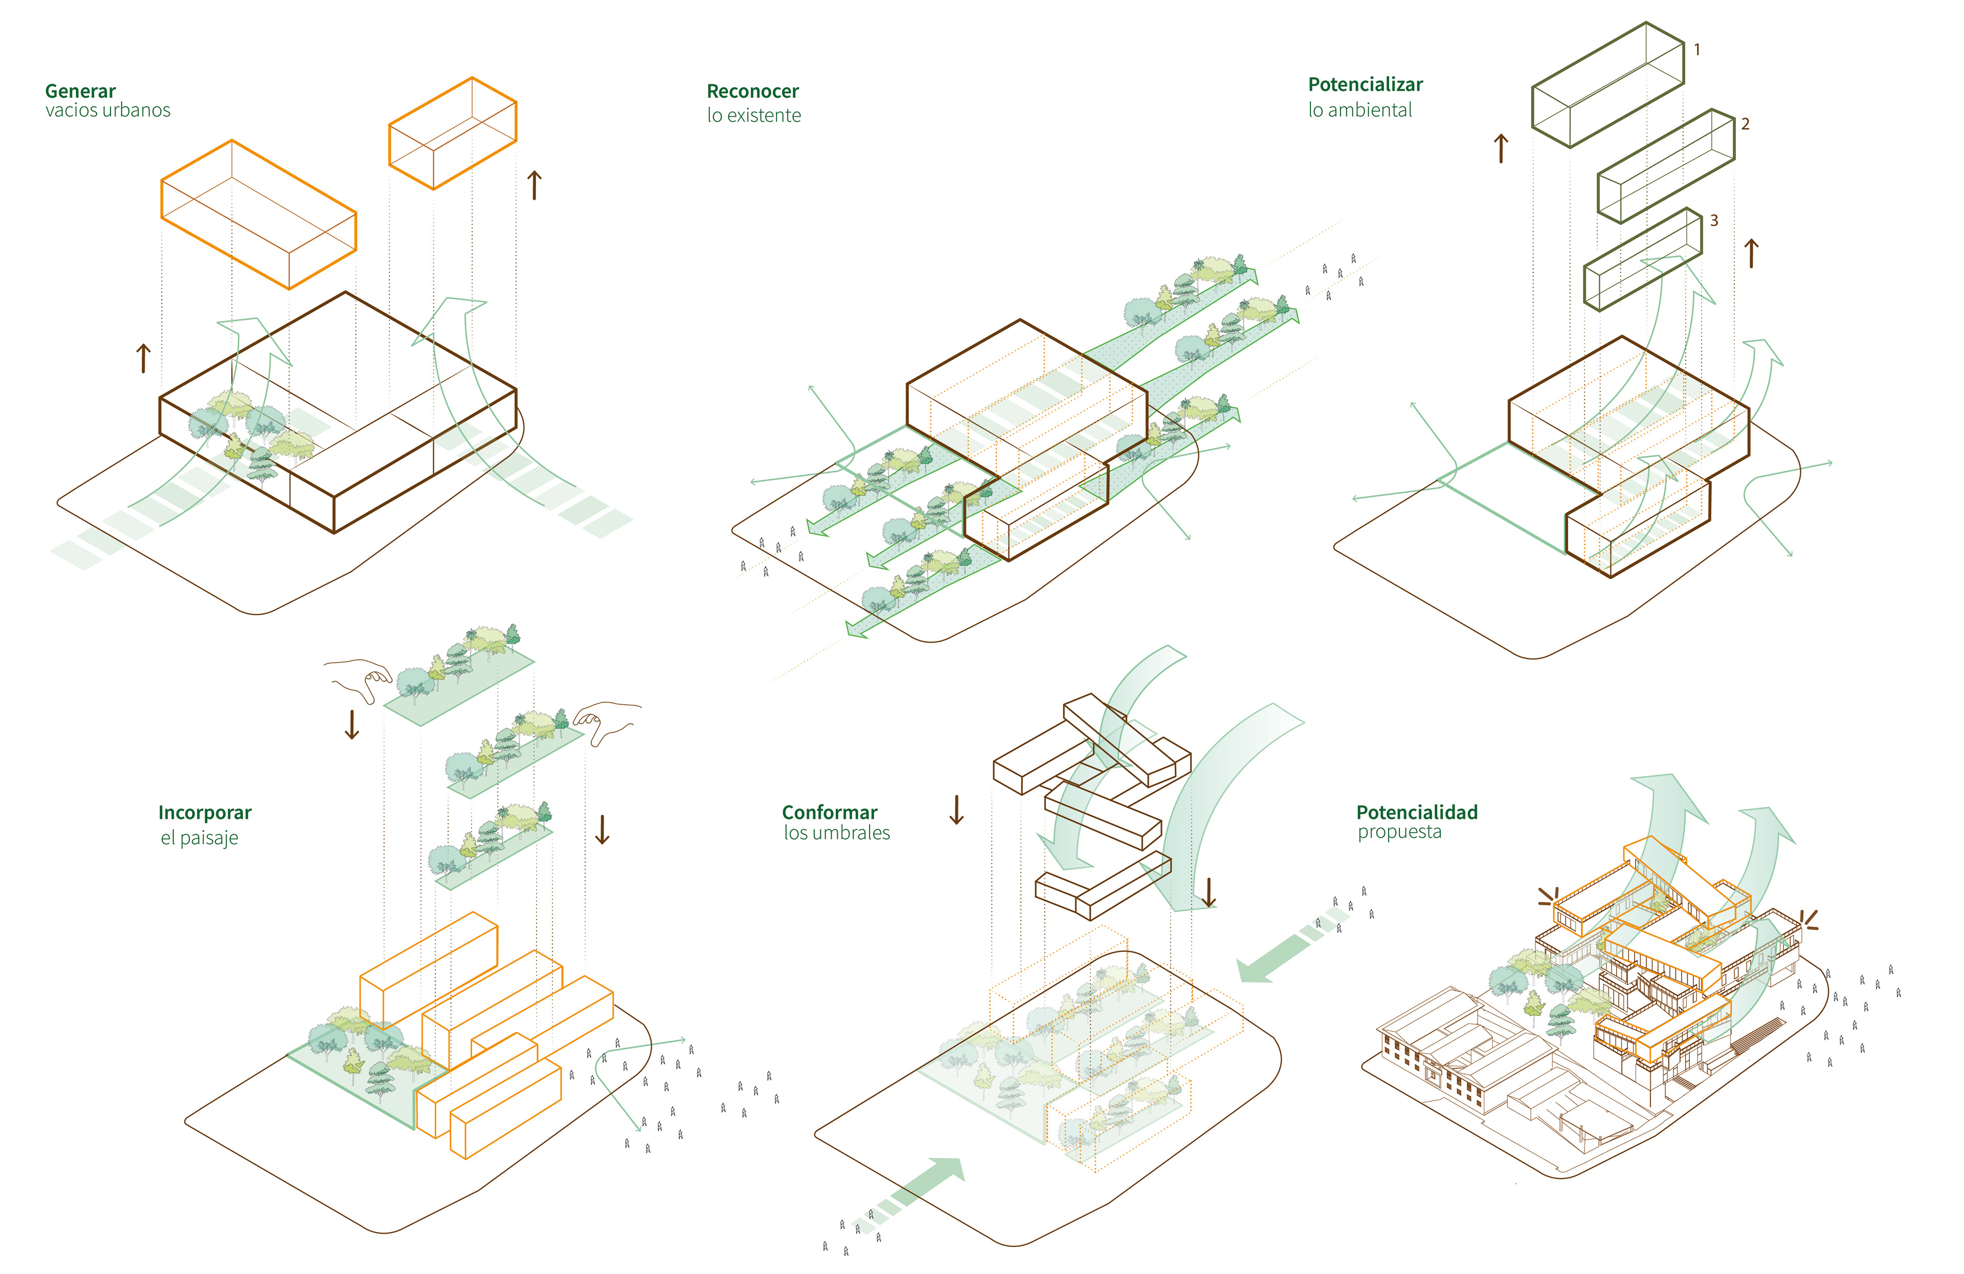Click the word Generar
[x=80, y=91]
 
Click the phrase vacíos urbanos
[x=107, y=110]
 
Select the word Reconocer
[x=752, y=91]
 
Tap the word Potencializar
[x=1365, y=84]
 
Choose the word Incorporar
[x=205, y=813]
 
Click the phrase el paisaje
[x=199, y=838]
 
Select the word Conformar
[x=830, y=813]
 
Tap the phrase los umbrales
[x=837, y=833]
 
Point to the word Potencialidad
[x=1417, y=813]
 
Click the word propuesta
[x=1399, y=833]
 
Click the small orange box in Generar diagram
[x=452, y=133]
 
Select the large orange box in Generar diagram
[x=258, y=214]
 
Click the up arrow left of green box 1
[x=1501, y=148]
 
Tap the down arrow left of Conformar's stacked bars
[x=956, y=810]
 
